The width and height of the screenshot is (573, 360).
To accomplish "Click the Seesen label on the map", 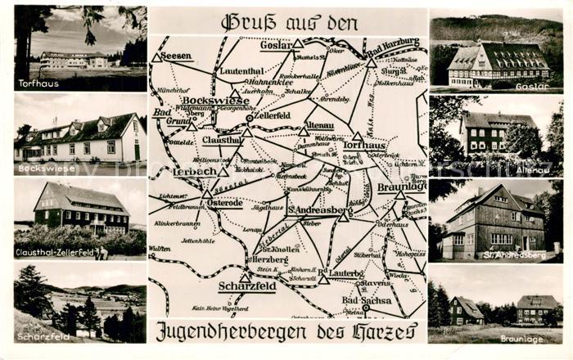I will point(177,56).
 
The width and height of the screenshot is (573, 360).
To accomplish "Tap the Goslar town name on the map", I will point(276,47).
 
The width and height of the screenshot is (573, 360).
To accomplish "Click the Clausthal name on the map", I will point(222,140).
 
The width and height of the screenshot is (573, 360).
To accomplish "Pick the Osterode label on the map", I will point(225,202).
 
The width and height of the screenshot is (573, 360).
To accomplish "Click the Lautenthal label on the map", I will point(241,72).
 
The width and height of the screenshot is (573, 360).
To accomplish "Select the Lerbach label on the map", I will point(194,172).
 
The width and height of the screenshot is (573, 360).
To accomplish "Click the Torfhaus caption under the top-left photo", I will point(38,83).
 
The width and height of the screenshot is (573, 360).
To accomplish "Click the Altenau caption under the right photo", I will point(532,169).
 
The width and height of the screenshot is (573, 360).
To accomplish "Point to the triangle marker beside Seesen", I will point(156,58).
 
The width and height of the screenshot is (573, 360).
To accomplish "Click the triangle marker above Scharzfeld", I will point(246,277).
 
